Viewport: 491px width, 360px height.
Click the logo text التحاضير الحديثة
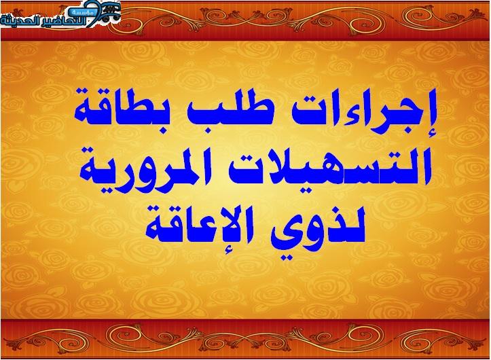click(x=46, y=20)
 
